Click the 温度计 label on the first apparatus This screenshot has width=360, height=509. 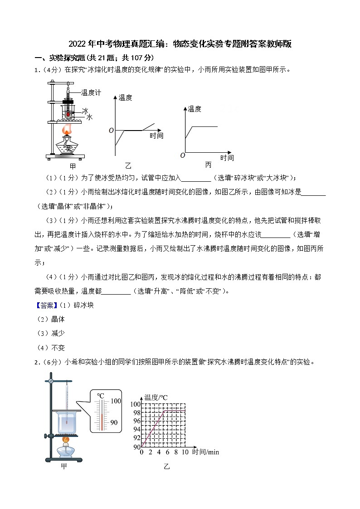[91, 92]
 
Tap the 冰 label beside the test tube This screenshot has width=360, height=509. [85, 110]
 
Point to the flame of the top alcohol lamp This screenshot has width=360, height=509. [67, 131]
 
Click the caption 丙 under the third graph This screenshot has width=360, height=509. [208, 165]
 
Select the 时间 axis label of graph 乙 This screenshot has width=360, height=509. [156, 136]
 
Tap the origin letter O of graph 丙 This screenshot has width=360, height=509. [182, 155]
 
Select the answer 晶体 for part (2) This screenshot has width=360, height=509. [58, 319]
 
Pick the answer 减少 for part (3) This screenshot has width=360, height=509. [58, 333]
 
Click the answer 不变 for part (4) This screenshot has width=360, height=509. [58, 348]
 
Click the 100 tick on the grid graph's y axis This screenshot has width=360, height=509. [136, 404]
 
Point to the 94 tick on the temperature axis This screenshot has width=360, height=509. [137, 429]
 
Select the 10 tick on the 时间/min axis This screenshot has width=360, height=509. [185, 452]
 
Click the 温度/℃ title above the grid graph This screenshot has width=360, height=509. [156, 398]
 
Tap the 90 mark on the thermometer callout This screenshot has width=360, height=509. [114, 422]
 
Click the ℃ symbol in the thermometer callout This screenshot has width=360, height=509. [101, 395]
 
